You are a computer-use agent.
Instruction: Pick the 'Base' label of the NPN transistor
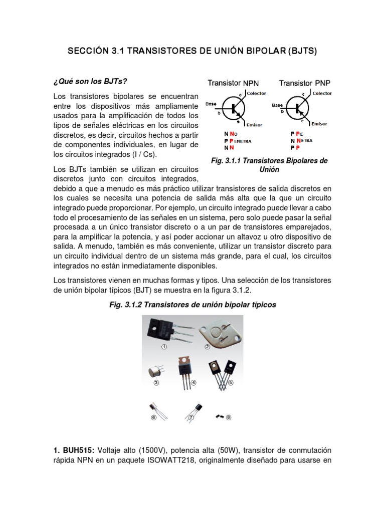tap(211, 105)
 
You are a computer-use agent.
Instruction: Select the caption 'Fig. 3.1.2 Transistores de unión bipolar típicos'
tap(193, 305)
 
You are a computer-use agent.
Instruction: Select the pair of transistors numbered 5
tap(224, 371)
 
